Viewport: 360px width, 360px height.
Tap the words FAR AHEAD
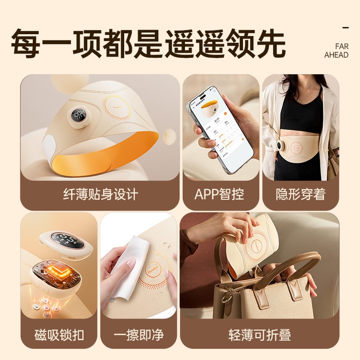pyautogui.click(x=336, y=51)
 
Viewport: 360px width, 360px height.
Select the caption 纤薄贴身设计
pyautogui.click(x=100, y=194)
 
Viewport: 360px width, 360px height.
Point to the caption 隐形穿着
pyautogui.click(x=301, y=194)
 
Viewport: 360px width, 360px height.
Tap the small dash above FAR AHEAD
pyautogui.click(x=346, y=28)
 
